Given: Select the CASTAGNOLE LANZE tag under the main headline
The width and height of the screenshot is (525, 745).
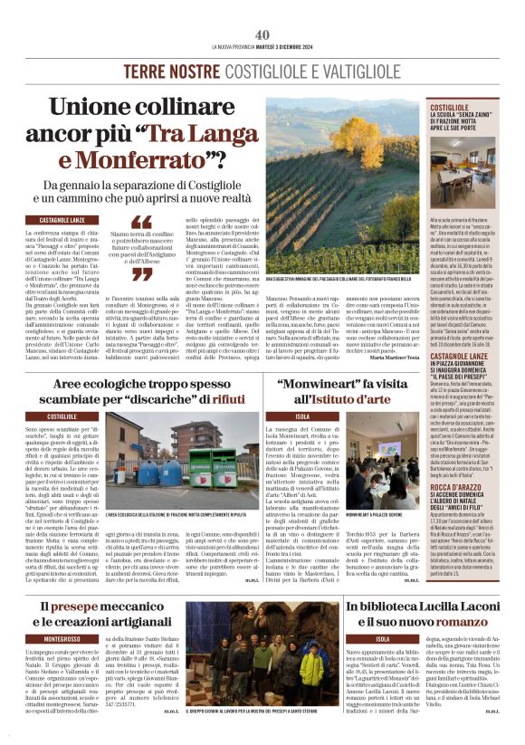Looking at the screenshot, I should coord(62,220).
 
